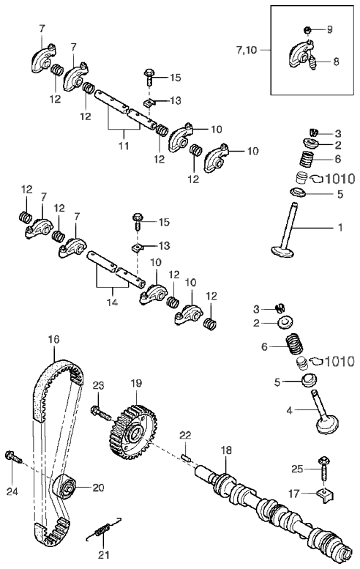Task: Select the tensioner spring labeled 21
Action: (x=103, y=529)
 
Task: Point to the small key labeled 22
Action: (x=186, y=456)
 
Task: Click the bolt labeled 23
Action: (x=100, y=413)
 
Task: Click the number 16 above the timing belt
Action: (x=53, y=339)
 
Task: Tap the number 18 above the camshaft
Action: (x=226, y=450)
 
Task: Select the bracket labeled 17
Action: (x=326, y=496)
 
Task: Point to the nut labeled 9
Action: (x=307, y=29)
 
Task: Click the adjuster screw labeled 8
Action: (x=312, y=62)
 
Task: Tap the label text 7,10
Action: (x=247, y=50)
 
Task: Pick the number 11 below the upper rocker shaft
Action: (x=124, y=146)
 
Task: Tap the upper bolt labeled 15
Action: (x=149, y=77)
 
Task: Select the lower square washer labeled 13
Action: (x=136, y=248)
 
